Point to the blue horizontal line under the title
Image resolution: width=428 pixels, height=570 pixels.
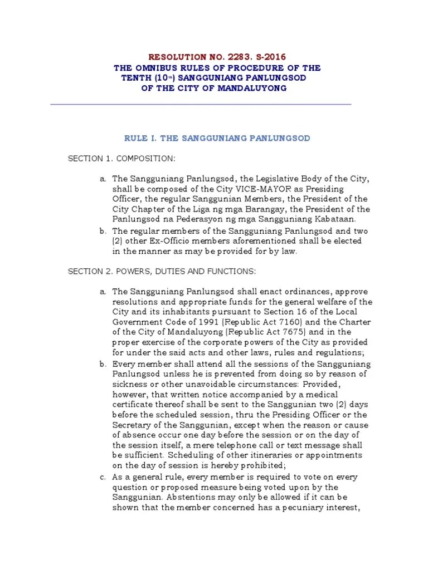201,104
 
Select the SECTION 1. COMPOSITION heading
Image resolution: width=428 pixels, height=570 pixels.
121,159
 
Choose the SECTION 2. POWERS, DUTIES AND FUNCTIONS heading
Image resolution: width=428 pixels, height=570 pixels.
162,271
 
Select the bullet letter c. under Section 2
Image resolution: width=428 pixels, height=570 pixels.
103,477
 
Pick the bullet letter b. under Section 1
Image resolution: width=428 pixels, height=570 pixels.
103,230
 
